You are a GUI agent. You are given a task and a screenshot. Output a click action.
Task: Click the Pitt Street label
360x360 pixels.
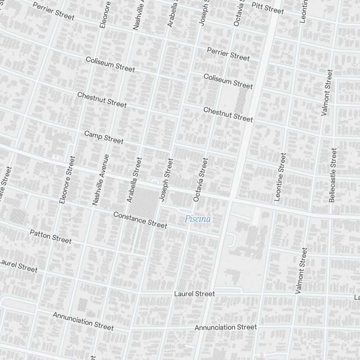267,8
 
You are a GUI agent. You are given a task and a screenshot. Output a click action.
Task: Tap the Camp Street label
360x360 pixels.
104,137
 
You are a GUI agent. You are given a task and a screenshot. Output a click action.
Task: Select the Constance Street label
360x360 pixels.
140,220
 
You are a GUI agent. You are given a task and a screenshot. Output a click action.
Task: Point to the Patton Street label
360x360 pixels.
51,236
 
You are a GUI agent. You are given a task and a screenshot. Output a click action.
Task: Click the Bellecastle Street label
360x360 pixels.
333,175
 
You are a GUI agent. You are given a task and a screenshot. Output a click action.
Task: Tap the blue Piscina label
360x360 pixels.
198,219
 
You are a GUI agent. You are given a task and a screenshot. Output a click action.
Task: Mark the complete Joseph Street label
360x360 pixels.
167,179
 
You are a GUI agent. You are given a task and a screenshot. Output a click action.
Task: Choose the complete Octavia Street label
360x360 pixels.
201,179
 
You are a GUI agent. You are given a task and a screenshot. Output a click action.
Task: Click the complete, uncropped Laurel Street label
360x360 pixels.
194,294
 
